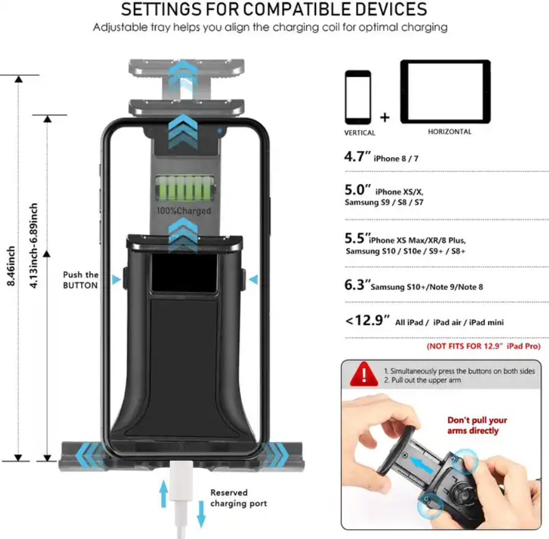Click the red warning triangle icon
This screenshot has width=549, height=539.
[364, 374]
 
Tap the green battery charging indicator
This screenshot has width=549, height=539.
[185, 189]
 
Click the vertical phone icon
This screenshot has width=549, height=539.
[358, 98]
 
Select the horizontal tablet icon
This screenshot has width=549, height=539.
[445, 92]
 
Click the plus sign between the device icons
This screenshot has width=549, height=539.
[384, 117]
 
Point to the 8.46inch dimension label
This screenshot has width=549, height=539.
[11, 266]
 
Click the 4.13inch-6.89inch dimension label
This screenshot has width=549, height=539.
[33, 246]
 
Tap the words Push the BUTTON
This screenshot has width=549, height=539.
[81, 280]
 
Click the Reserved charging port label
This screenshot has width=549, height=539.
[238, 498]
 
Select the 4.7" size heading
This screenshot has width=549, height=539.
[357, 156]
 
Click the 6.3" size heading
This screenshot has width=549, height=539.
[357, 285]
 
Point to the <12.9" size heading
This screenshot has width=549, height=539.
[367, 320]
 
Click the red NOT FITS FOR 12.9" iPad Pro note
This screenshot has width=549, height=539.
[484, 346]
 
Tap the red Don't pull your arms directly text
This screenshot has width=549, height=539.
[477, 425]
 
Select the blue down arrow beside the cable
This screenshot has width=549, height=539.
[201, 514]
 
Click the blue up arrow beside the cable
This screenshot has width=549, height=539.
[163, 493]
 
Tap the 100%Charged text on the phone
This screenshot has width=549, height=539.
[184, 211]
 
